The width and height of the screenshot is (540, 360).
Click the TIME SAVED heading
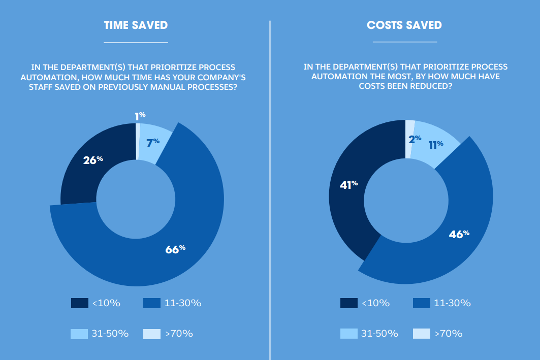point(136,25)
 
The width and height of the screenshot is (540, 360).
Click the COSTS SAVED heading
point(404,25)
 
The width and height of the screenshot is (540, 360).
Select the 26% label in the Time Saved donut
point(92,160)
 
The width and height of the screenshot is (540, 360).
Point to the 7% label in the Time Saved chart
point(152,143)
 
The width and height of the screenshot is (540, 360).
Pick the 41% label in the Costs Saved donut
point(348,185)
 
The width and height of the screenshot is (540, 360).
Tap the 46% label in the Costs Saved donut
point(459,235)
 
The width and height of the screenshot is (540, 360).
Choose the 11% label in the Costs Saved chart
point(435,145)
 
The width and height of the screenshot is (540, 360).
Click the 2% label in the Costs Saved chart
point(415,139)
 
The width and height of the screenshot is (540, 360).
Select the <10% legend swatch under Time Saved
point(80,303)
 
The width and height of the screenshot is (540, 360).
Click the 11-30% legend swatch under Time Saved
point(152,303)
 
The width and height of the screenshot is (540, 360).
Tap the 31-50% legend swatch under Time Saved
point(80,334)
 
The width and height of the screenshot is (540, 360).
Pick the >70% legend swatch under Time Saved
point(152,334)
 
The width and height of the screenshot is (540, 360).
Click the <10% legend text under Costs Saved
point(375,303)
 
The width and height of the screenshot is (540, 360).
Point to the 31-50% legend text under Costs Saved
point(379,334)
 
